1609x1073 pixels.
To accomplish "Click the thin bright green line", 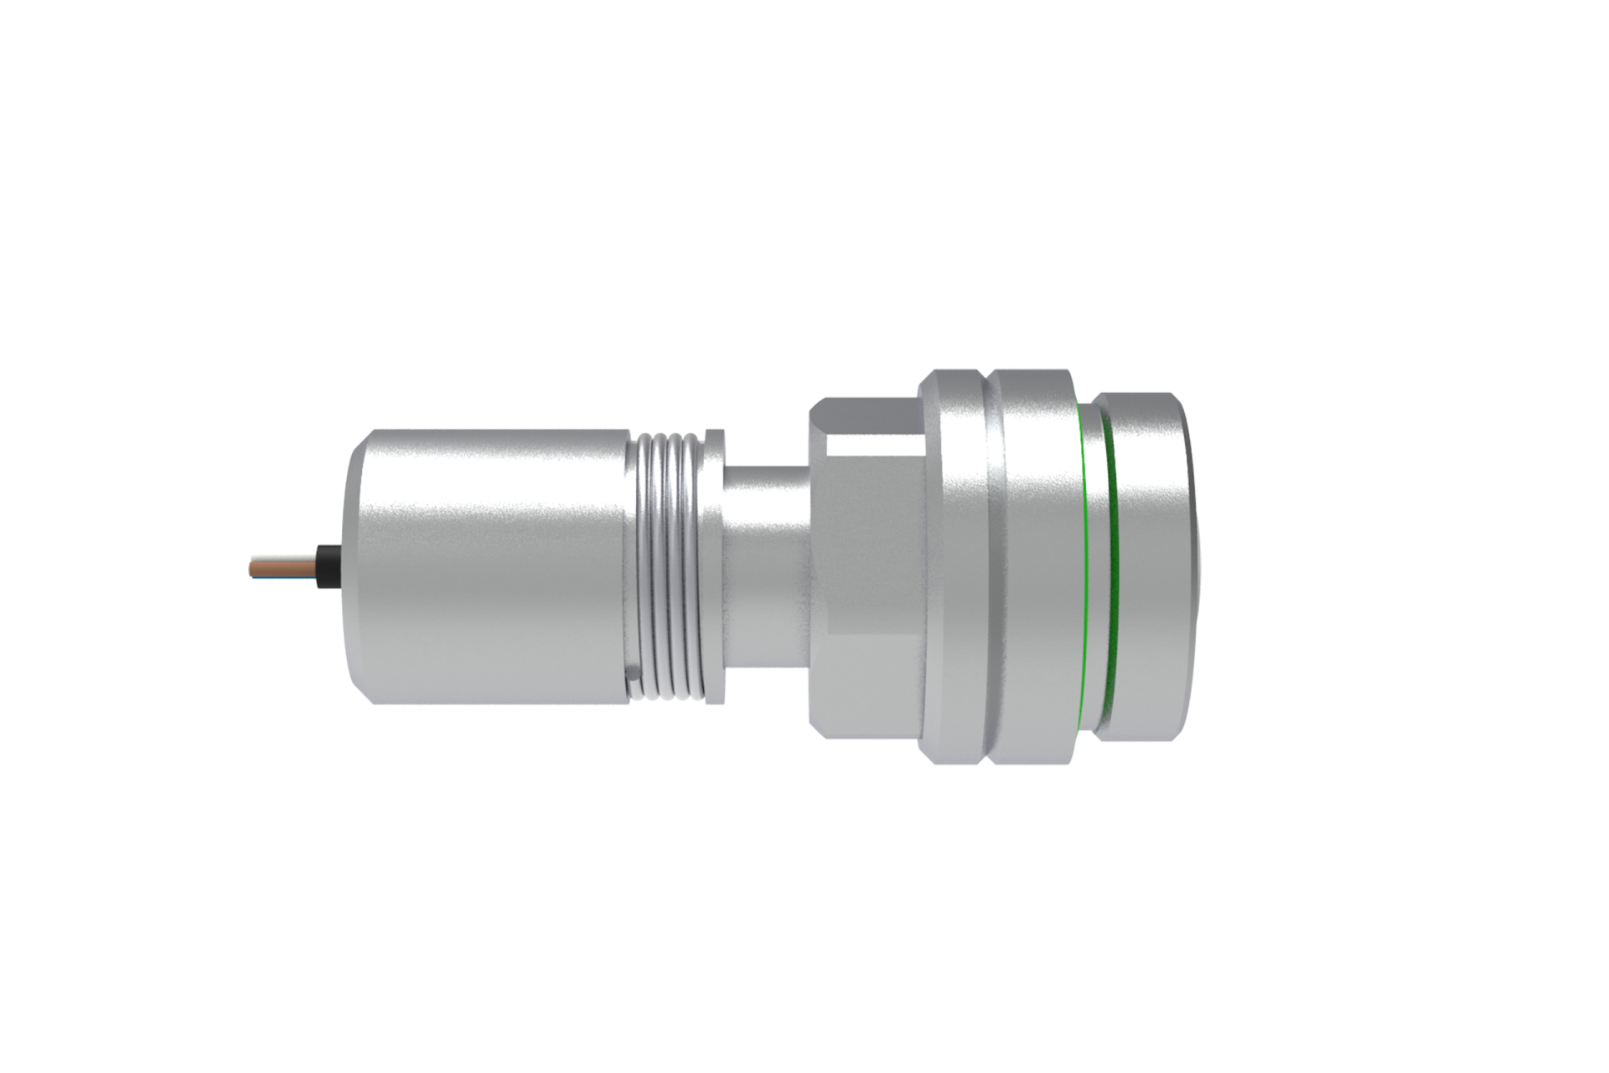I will click(x=1082, y=570).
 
